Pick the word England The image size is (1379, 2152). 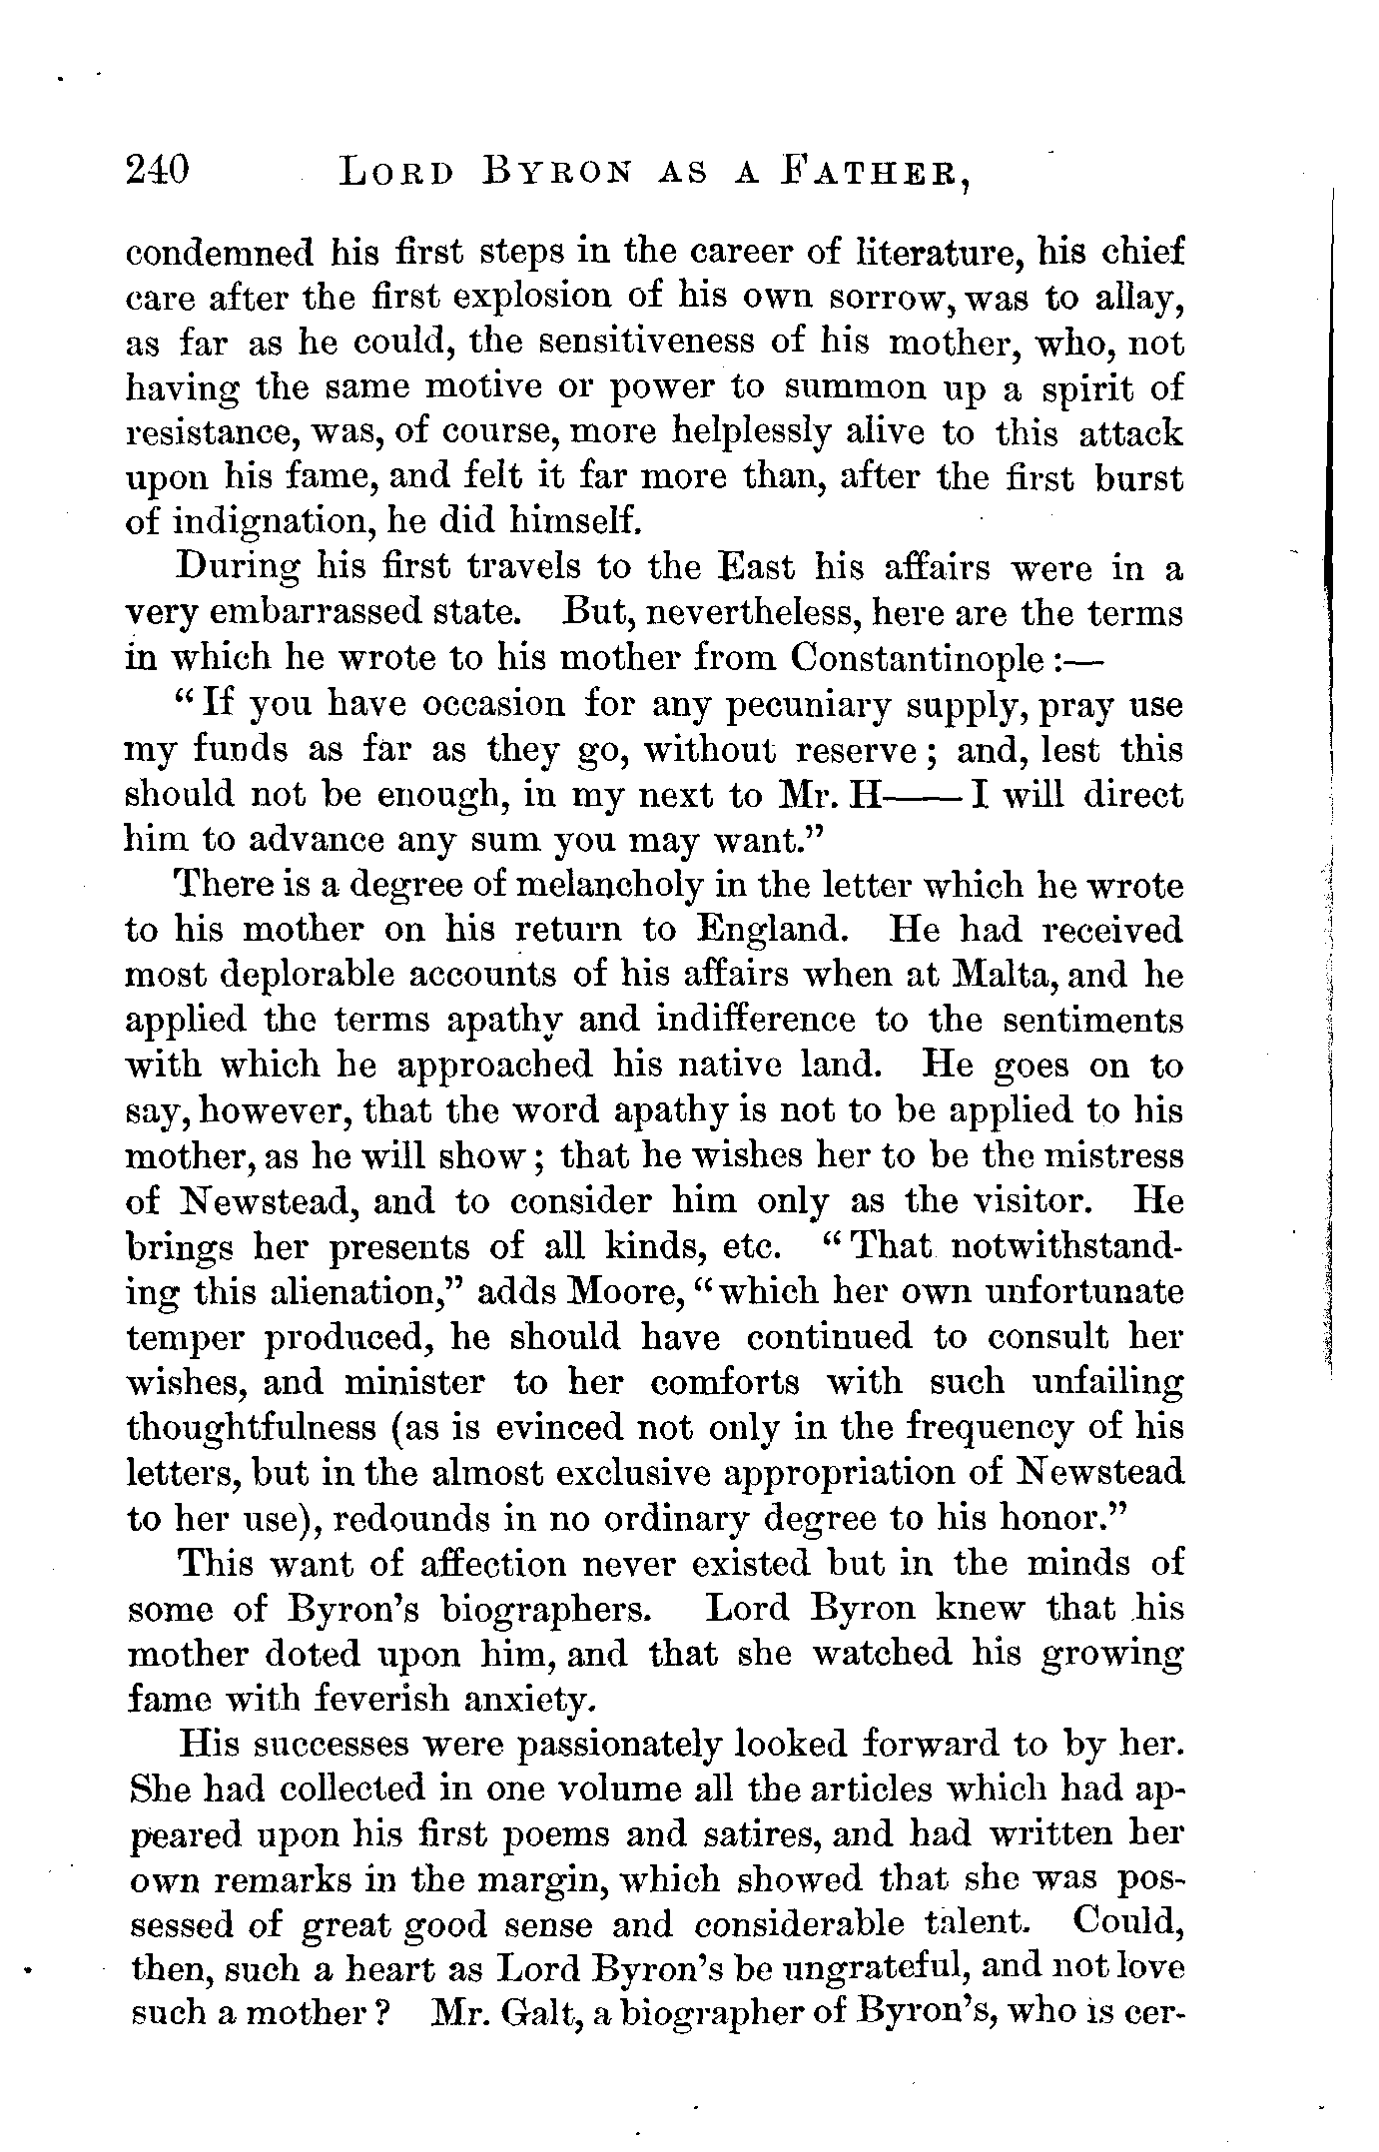[x=767, y=930]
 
